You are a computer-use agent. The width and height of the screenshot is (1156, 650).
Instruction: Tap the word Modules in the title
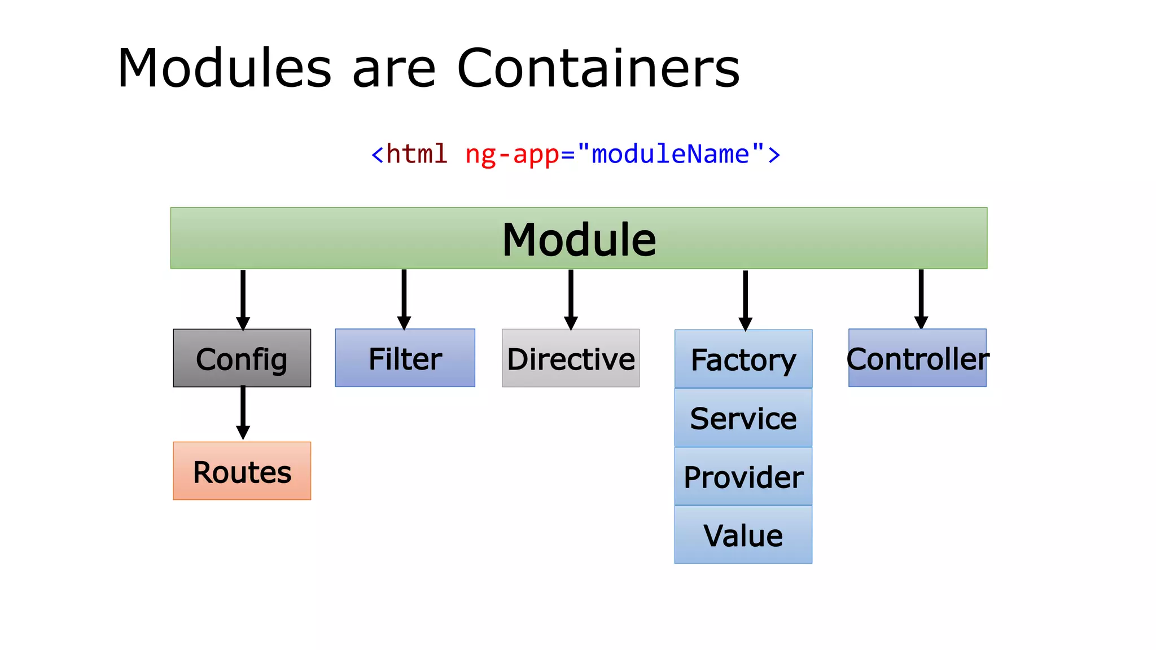click(224, 68)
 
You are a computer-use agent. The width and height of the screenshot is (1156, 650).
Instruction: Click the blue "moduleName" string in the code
click(670, 153)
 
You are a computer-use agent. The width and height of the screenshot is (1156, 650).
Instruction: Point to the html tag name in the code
click(417, 154)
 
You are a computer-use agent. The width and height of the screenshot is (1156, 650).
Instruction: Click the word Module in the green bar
click(579, 240)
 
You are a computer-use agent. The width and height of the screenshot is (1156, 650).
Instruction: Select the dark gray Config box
click(242, 358)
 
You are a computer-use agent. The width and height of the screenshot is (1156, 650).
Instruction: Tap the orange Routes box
click(242, 471)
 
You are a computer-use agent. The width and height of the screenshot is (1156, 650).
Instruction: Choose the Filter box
click(405, 358)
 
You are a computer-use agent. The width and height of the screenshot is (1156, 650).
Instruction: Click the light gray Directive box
click(571, 358)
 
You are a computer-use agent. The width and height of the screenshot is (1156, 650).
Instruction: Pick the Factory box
click(743, 359)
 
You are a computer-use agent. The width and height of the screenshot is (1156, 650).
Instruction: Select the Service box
click(743, 418)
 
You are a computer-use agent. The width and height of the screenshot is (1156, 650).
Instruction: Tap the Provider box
click(743, 477)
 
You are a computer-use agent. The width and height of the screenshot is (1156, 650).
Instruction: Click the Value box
click(743, 535)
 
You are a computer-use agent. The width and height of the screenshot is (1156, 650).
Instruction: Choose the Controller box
click(917, 358)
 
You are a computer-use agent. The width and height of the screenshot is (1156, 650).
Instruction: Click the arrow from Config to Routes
click(243, 412)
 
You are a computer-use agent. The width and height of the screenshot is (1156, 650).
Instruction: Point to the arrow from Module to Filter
click(404, 299)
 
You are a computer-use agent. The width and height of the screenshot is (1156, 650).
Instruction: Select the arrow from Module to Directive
click(571, 299)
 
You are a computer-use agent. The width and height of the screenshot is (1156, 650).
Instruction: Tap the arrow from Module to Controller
click(921, 299)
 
